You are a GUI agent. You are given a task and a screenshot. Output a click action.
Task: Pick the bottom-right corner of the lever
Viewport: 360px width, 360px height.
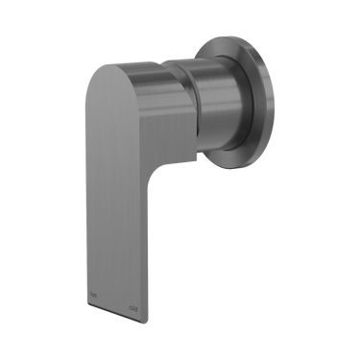(164, 313)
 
